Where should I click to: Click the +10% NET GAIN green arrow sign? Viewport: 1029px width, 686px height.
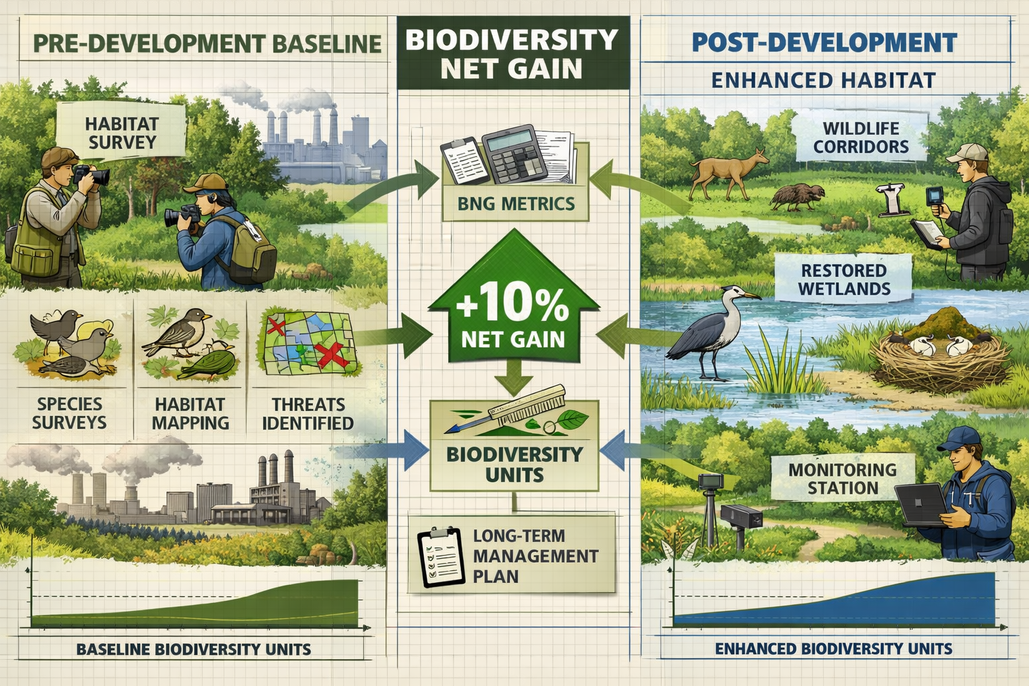point(513,315)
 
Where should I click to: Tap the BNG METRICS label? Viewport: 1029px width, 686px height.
point(516,204)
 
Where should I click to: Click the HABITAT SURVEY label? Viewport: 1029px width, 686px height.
point(121,133)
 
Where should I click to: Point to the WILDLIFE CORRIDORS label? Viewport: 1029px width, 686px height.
point(861,137)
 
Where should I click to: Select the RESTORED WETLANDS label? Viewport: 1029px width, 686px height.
point(844,279)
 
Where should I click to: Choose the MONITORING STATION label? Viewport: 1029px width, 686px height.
point(842,478)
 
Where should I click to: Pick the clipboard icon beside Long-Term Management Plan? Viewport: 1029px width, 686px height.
point(440,557)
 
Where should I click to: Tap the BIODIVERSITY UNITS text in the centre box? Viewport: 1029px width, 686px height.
point(514,464)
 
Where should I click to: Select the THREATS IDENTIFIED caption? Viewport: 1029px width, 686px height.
point(307,413)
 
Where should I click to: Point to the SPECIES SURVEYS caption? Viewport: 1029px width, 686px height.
point(69,413)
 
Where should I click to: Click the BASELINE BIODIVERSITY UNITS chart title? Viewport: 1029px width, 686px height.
point(194,649)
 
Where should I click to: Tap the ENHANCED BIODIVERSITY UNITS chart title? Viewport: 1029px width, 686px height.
point(833,648)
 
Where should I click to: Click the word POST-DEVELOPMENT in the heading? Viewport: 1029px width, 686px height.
point(824,43)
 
